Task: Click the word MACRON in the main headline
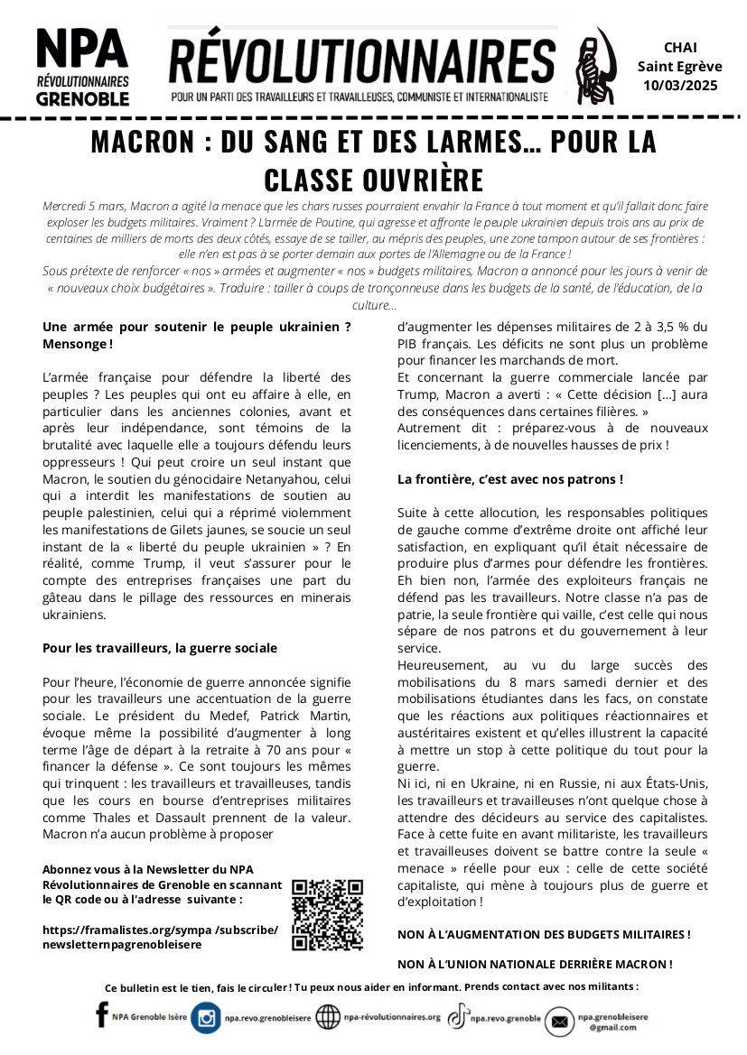click(x=145, y=143)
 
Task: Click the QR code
click(x=327, y=913)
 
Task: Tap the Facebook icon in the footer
click(x=101, y=1016)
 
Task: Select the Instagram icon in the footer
click(x=206, y=1018)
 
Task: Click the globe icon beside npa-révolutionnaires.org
click(x=328, y=1018)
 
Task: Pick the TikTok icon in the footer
click(x=458, y=1016)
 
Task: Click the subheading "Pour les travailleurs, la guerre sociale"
click(x=160, y=648)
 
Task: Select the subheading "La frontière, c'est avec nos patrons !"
click(x=510, y=479)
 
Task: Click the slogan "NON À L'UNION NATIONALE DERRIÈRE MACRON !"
click(x=535, y=964)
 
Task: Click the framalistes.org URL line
click(x=161, y=929)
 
